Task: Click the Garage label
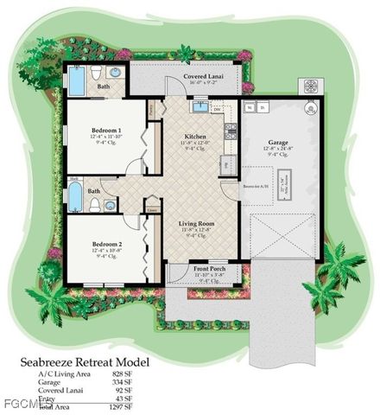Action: pyautogui.click(x=277, y=143)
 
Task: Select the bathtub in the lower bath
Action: pyautogui.click(x=76, y=196)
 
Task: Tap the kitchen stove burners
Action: pyautogui.click(x=231, y=131)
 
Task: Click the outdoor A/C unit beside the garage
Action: pyautogui.click(x=308, y=86)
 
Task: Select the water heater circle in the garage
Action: pyautogui.click(x=309, y=108)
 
